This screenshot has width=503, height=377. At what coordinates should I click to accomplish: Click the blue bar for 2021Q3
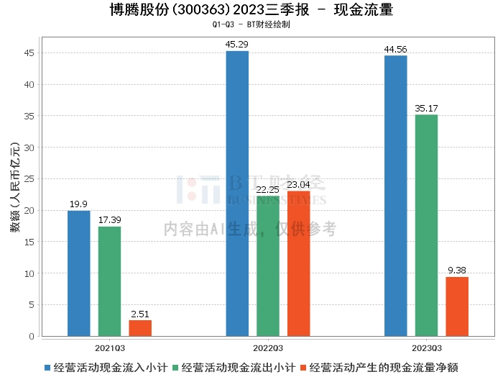click(79, 273)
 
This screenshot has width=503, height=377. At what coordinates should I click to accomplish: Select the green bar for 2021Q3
click(109, 281)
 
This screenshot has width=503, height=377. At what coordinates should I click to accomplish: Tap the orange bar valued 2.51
click(140, 328)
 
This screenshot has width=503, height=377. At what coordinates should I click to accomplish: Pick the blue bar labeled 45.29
click(237, 194)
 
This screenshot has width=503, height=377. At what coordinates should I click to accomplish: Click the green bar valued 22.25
click(268, 266)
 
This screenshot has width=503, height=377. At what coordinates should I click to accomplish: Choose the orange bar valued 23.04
click(299, 263)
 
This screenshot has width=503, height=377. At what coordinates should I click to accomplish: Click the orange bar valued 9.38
click(457, 306)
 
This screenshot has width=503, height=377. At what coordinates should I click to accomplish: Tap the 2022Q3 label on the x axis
click(267, 347)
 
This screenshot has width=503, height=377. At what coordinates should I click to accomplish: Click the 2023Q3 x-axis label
click(426, 347)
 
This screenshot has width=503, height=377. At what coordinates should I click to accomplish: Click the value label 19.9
click(79, 204)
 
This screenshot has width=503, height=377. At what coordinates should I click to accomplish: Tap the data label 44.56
click(395, 50)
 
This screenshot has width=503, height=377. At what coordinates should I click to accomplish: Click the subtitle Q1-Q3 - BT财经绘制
click(251, 24)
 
